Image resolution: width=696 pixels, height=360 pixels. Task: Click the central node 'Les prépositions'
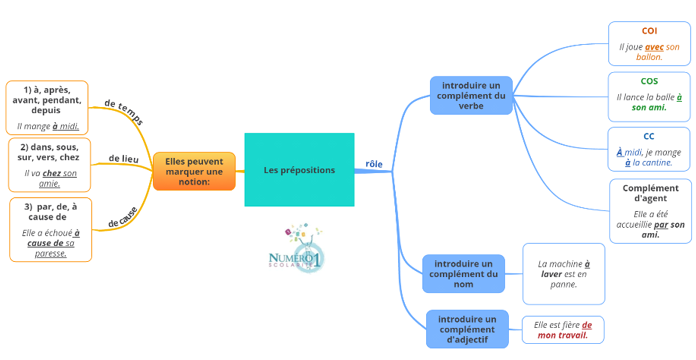click(x=299, y=170)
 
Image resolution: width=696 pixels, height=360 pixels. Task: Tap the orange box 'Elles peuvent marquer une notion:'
click(x=194, y=171)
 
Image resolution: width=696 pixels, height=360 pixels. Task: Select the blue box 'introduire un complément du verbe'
click(x=471, y=96)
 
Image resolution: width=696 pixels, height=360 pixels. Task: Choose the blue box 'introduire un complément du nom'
click(x=463, y=273)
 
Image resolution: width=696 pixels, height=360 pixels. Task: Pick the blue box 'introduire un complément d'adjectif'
click(x=467, y=328)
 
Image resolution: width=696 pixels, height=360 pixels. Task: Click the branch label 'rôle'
click(x=374, y=164)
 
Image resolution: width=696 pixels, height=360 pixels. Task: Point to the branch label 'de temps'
click(x=124, y=112)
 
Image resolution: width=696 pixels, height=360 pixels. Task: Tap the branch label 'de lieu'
click(x=123, y=158)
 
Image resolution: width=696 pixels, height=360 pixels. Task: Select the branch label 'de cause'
click(x=123, y=216)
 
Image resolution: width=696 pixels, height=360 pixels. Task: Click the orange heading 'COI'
click(x=649, y=31)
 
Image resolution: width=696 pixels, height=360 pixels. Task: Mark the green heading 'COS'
click(x=649, y=81)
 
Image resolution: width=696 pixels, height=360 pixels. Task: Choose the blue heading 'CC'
click(x=649, y=136)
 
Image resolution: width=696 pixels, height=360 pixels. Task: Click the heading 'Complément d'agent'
click(x=650, y=193)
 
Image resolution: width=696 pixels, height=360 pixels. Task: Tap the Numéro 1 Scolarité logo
click(x=296, y=250)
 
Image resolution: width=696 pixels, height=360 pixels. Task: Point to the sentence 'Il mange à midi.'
click(x=48, y=127)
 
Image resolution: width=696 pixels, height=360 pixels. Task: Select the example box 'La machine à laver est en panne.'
click(x=564, y=273)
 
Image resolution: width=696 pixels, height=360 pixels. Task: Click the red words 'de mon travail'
click(x=565, y=336)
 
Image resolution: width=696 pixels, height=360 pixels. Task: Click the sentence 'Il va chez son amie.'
click(x=50, y=178)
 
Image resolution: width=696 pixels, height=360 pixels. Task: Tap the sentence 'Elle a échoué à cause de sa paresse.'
click(x=50, y=243)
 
